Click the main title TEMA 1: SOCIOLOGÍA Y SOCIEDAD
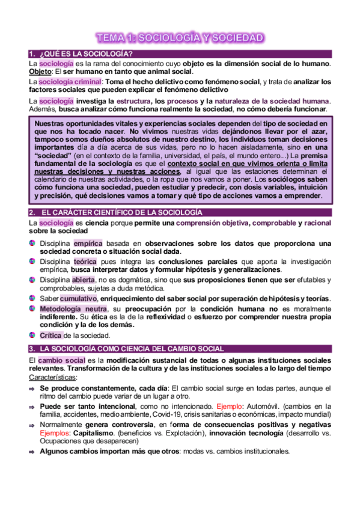(180, 38)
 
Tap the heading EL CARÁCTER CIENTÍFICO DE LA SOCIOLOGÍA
(120, 213)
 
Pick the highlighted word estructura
(133, 100)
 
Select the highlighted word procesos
(182, 100)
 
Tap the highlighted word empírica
(89, 243)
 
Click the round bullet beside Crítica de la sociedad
(32, 335)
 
